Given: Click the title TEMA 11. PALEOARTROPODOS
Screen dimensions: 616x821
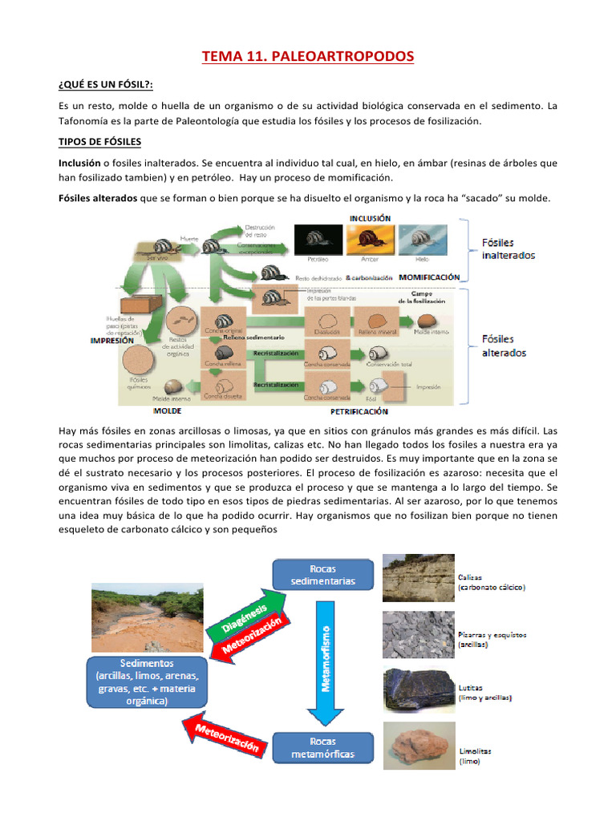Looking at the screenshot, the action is pyautogui.click(x=308, y=57).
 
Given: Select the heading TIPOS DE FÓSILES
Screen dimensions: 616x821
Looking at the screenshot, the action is pyautogui.click(x=100, y=142).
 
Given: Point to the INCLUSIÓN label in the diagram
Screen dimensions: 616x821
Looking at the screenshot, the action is pyautogui.click(x=370, y=217).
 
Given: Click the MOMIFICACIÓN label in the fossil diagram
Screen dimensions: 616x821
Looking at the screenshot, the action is pyautogui.click(x=429, y=277).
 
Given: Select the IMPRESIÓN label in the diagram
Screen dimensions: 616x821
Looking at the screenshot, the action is pyautogui.click(x=112, y=340).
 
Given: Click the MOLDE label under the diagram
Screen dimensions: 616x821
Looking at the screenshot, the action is pyautogui.click(x=167, y=411).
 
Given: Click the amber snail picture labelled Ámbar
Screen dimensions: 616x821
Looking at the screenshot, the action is pyautogui.click(x=370, y=237).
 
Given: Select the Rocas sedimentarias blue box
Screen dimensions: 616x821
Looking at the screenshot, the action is pyautogui.click(x=323, y=573).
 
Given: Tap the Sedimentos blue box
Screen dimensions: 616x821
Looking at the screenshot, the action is pyautogui.click(x=147, y=682).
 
